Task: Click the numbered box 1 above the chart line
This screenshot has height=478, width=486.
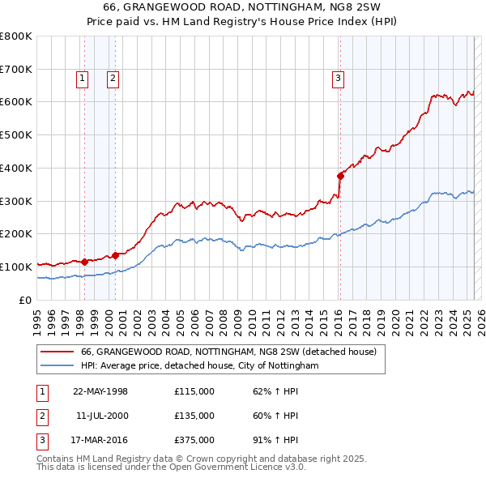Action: pos(83,79)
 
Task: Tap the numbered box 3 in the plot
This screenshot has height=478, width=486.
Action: pos(337,79)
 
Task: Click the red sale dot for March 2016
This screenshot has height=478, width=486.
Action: pos(341,175)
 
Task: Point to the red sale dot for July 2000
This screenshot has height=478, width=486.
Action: pos(115,255)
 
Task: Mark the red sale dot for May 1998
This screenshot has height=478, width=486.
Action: pos(84,262)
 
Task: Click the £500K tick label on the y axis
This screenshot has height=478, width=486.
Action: pos(16,134)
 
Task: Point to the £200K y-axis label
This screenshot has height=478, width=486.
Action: pos(16,233)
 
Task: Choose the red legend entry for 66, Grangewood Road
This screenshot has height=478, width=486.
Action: pos(228,352)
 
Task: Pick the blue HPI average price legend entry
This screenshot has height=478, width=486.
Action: pos(200,366)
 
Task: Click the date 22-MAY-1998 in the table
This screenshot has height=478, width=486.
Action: pos(100,391)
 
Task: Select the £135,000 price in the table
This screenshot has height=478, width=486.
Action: pos(194,416)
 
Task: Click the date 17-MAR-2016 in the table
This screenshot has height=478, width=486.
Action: pos(100,440)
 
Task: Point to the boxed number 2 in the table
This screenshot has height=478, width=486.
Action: pos(41,416)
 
